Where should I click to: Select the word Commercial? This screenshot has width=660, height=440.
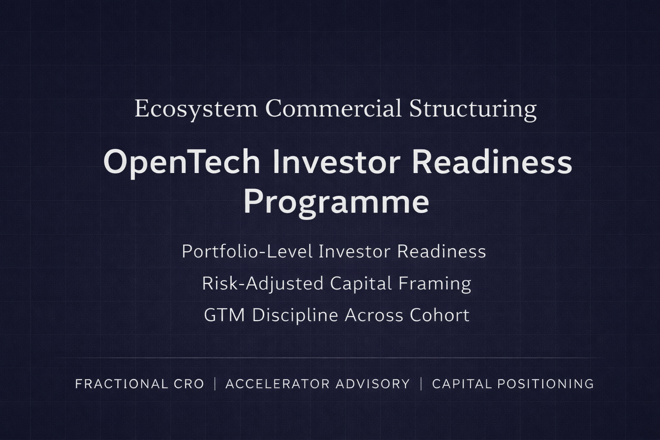333,108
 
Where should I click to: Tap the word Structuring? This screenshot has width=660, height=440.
473,109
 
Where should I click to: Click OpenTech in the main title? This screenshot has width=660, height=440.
182,162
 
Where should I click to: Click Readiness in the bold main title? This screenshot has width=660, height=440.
492,162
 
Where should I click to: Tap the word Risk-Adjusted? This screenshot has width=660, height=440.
263,284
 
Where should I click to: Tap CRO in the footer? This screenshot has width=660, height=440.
189,384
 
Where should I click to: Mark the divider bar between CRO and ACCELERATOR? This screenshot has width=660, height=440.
215,384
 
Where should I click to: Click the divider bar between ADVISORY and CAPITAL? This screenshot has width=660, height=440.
421,384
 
